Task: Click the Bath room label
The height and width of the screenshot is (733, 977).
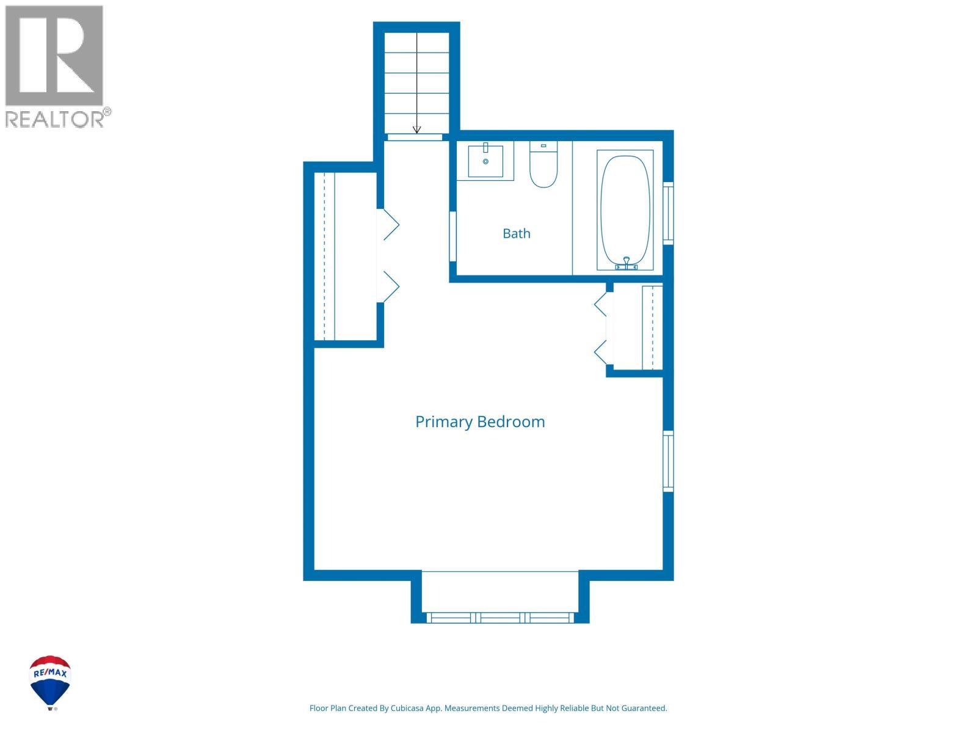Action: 517,233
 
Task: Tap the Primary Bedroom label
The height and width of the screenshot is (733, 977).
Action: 480,422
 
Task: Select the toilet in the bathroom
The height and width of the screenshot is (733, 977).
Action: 543,164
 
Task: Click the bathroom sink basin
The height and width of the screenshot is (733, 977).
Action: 485,161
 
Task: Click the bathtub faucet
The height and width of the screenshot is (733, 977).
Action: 626,263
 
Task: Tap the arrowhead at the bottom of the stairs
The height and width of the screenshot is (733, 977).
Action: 416,129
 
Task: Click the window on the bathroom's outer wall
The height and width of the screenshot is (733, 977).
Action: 668,213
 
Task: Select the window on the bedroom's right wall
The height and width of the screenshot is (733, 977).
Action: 668,461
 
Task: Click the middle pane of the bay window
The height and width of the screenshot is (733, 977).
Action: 500,618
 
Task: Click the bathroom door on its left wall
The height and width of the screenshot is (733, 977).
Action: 452,236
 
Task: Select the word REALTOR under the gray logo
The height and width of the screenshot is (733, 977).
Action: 54,119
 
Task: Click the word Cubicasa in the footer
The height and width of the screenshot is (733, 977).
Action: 407,708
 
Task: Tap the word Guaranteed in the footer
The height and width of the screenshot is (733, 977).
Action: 645,708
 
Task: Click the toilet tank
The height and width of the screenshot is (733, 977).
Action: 543,147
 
